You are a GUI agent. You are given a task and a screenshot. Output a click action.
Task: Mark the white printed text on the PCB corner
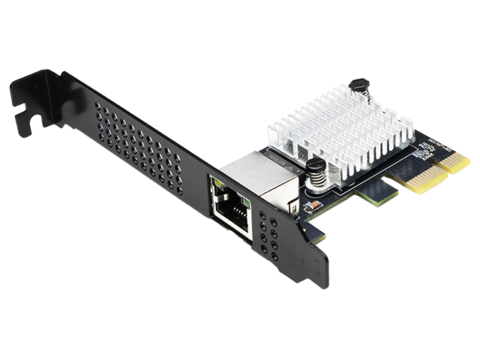pyautogui.click(x=424, y=153)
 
